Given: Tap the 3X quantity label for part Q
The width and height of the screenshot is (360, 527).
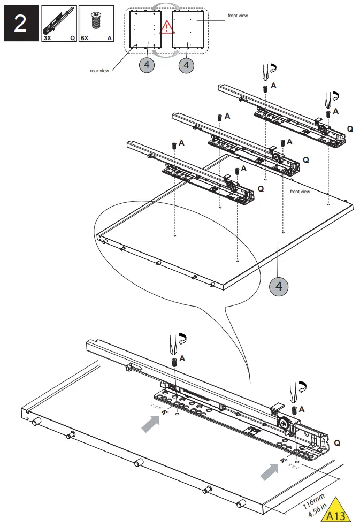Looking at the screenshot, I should coord(48,39).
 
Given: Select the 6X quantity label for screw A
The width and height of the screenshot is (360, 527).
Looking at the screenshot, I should coord(85,39).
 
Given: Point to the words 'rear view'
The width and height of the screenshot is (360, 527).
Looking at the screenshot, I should coord(100,70).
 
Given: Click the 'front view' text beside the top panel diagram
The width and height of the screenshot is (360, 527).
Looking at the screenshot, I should coord(238,16).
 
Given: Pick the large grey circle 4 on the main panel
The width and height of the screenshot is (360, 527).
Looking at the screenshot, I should coord(278,286).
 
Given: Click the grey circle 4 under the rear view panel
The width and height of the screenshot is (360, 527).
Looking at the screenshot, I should coord(148,65).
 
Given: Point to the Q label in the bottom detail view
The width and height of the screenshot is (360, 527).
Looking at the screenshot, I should coord(337,443).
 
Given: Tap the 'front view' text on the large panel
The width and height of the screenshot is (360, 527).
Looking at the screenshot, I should coord(300,192).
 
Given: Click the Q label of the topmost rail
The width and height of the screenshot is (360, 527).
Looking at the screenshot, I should coord(350,129).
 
